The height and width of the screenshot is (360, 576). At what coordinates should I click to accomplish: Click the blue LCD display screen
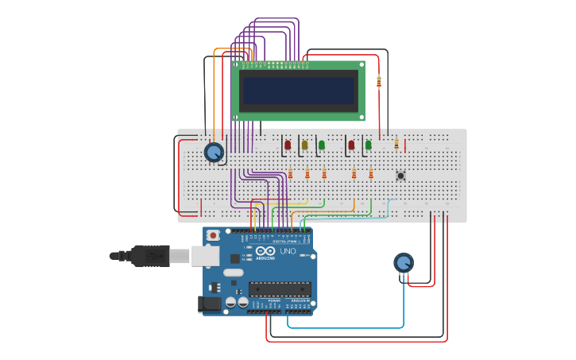[x=298, y=91]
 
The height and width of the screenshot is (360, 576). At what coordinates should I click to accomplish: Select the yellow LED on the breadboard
[x=304, y=145]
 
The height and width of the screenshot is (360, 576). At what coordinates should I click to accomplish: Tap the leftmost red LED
[x=288, y=145]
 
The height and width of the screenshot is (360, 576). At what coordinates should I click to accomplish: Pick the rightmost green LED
[x=368, y=145]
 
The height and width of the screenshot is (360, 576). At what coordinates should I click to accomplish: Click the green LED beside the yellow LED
[x=321, y=145]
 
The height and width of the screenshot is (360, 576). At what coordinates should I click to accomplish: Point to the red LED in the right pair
[x=350, y=145]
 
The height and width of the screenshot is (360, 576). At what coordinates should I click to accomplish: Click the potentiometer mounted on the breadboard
[x=213, y=152]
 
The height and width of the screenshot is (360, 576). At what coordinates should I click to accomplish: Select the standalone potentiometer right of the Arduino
[x=404, y=262]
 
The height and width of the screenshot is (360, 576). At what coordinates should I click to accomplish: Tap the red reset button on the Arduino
[x=213, y=235]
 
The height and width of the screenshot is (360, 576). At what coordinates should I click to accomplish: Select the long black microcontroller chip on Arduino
[x=280, y=288]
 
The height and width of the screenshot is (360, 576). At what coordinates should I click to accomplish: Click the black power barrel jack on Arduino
[x=210, y=304]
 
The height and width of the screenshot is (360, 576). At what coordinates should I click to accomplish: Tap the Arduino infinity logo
[x=265, y=250]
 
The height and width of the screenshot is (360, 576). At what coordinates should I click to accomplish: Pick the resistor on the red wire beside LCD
[x=378, y=81]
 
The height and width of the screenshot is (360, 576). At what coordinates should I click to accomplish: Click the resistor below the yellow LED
[x=307, y=173]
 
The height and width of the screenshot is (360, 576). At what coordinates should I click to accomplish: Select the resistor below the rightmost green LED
[x=370, y=173]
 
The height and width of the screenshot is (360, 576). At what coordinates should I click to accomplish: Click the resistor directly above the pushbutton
[x=396, y=144]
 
